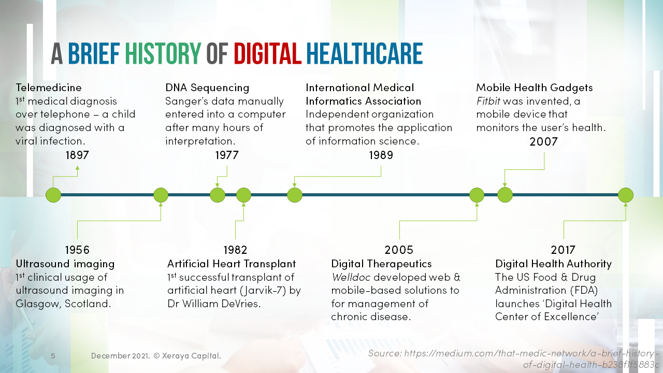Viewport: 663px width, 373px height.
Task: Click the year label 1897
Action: coord(77,155)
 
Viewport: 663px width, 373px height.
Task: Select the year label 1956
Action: coord(77,250)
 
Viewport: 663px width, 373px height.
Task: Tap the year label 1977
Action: coord(227,155)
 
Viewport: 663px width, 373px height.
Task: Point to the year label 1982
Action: coord(235,250)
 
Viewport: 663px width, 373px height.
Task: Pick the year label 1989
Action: coord(381,155)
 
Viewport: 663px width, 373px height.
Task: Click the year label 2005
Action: coord(399,250)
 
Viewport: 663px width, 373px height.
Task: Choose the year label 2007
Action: coord(543,141)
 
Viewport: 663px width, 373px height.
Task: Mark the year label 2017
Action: coord(563,250)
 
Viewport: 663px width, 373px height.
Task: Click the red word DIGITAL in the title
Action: coord(267,54)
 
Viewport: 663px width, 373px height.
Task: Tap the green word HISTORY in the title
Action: coord(163,54)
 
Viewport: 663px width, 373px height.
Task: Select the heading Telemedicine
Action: coord(49,88)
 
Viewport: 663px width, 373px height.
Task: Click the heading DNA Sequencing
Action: coord(207,88)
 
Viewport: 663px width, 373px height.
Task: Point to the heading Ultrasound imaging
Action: coord(65,264)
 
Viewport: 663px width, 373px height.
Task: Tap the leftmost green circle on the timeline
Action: coord(53,195)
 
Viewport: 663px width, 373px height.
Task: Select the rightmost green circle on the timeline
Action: coord(626,195)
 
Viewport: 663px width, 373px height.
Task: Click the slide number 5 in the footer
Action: coord(53,356)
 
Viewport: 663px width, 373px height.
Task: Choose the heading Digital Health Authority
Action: coord(553,264)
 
